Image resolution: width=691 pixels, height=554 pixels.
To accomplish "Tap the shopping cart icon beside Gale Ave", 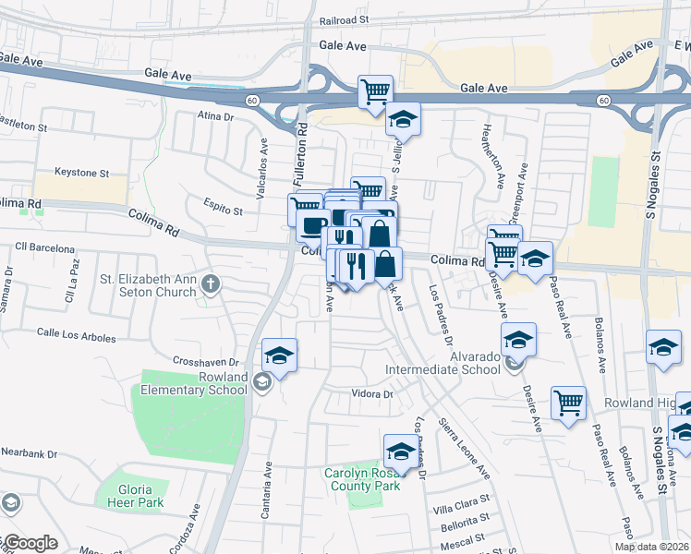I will coord(375,91).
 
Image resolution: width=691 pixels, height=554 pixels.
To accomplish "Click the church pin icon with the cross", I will coord(212,283).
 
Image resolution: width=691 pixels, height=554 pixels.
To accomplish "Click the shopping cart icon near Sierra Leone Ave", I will coord(568,403).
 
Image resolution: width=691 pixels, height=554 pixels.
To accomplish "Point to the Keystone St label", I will coord(81,173).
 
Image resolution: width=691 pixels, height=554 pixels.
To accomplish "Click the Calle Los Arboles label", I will coord(77,333).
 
